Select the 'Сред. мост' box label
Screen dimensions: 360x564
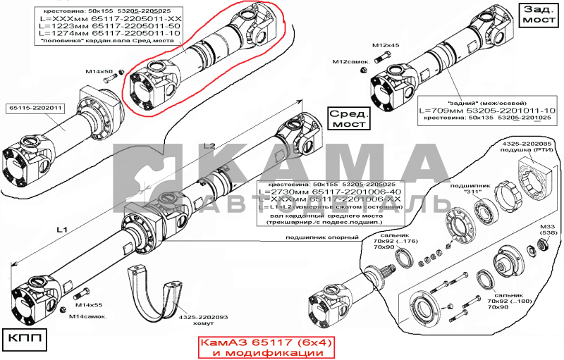click(350, 118)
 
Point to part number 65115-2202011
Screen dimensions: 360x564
click(36, 108)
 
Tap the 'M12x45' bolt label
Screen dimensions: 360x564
click(386, 45)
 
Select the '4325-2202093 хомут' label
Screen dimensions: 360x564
click(203, 321)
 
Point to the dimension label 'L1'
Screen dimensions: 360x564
click(61, 230)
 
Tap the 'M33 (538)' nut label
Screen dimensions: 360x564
click(547, 231)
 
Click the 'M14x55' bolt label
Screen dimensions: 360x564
click(89, 305)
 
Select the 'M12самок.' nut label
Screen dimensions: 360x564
click(351, 63)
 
